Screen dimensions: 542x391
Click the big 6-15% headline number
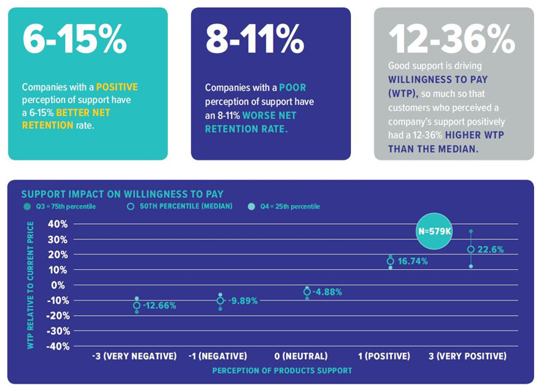point(74,39)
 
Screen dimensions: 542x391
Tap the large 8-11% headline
point(255,39)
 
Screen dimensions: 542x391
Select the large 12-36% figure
point(452,39)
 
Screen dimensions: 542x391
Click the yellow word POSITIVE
point(117,87)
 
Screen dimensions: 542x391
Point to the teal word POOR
point(293,88)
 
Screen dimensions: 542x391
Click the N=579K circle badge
point(434,231)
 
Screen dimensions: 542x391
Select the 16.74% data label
point(413,261)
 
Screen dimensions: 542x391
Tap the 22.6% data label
point(490,249)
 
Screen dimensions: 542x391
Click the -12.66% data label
point(159,306)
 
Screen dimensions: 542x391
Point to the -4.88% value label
point(327,292)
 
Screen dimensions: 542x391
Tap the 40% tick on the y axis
point(58,224)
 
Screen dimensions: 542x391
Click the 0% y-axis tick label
point(58,285)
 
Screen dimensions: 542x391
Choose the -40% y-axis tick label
point(58,346)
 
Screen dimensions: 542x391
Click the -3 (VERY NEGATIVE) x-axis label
point(134,356)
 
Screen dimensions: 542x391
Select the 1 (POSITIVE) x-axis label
point(384,356)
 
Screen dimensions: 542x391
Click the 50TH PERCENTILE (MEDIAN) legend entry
point(179,206)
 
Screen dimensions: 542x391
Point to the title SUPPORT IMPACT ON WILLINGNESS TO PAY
point(123,194)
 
